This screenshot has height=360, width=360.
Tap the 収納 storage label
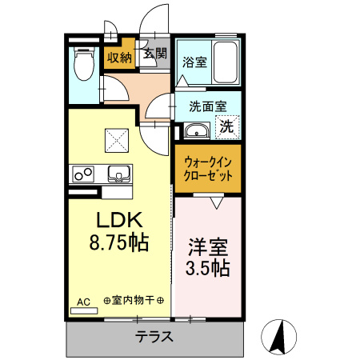[119, 57]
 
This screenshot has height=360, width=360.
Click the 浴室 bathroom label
[194, 62]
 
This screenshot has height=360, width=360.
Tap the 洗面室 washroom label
[207, 106]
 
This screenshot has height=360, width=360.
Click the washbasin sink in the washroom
[194, 130]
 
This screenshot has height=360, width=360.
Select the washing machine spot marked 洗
[227, 126]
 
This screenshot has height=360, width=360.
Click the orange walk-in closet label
[207, 167]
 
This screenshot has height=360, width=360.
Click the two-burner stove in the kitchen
[82, 173]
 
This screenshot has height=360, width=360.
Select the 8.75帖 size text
[119, 243]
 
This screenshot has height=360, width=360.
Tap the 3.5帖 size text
[210, 268]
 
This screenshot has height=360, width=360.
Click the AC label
[82, 302]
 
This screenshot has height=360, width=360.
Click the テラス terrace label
[154, 336]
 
